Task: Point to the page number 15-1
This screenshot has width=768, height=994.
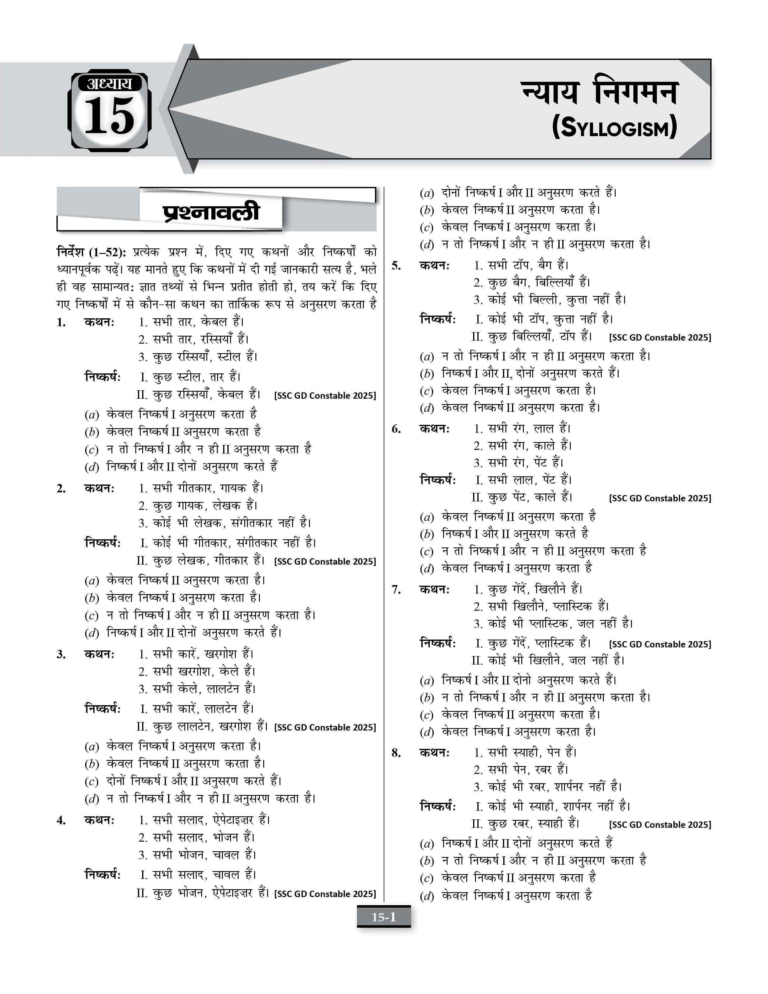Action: click(384, 917)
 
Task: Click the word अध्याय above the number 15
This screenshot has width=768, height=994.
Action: click(109, 83)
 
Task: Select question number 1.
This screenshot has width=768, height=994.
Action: click(61, 323)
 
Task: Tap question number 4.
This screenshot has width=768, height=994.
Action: click(61, 821)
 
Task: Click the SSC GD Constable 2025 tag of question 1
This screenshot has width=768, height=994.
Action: click(325, 395)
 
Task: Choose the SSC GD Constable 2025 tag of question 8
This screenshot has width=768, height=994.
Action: click(660, 825)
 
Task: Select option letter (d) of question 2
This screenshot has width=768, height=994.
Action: click(92, 633)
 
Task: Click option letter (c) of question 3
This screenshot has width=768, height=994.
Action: click(92, 781)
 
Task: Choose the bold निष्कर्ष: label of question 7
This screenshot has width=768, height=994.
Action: click(438, 643)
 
